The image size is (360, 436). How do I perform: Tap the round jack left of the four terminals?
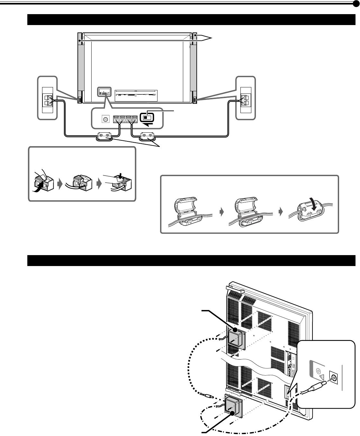coord(105,119)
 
